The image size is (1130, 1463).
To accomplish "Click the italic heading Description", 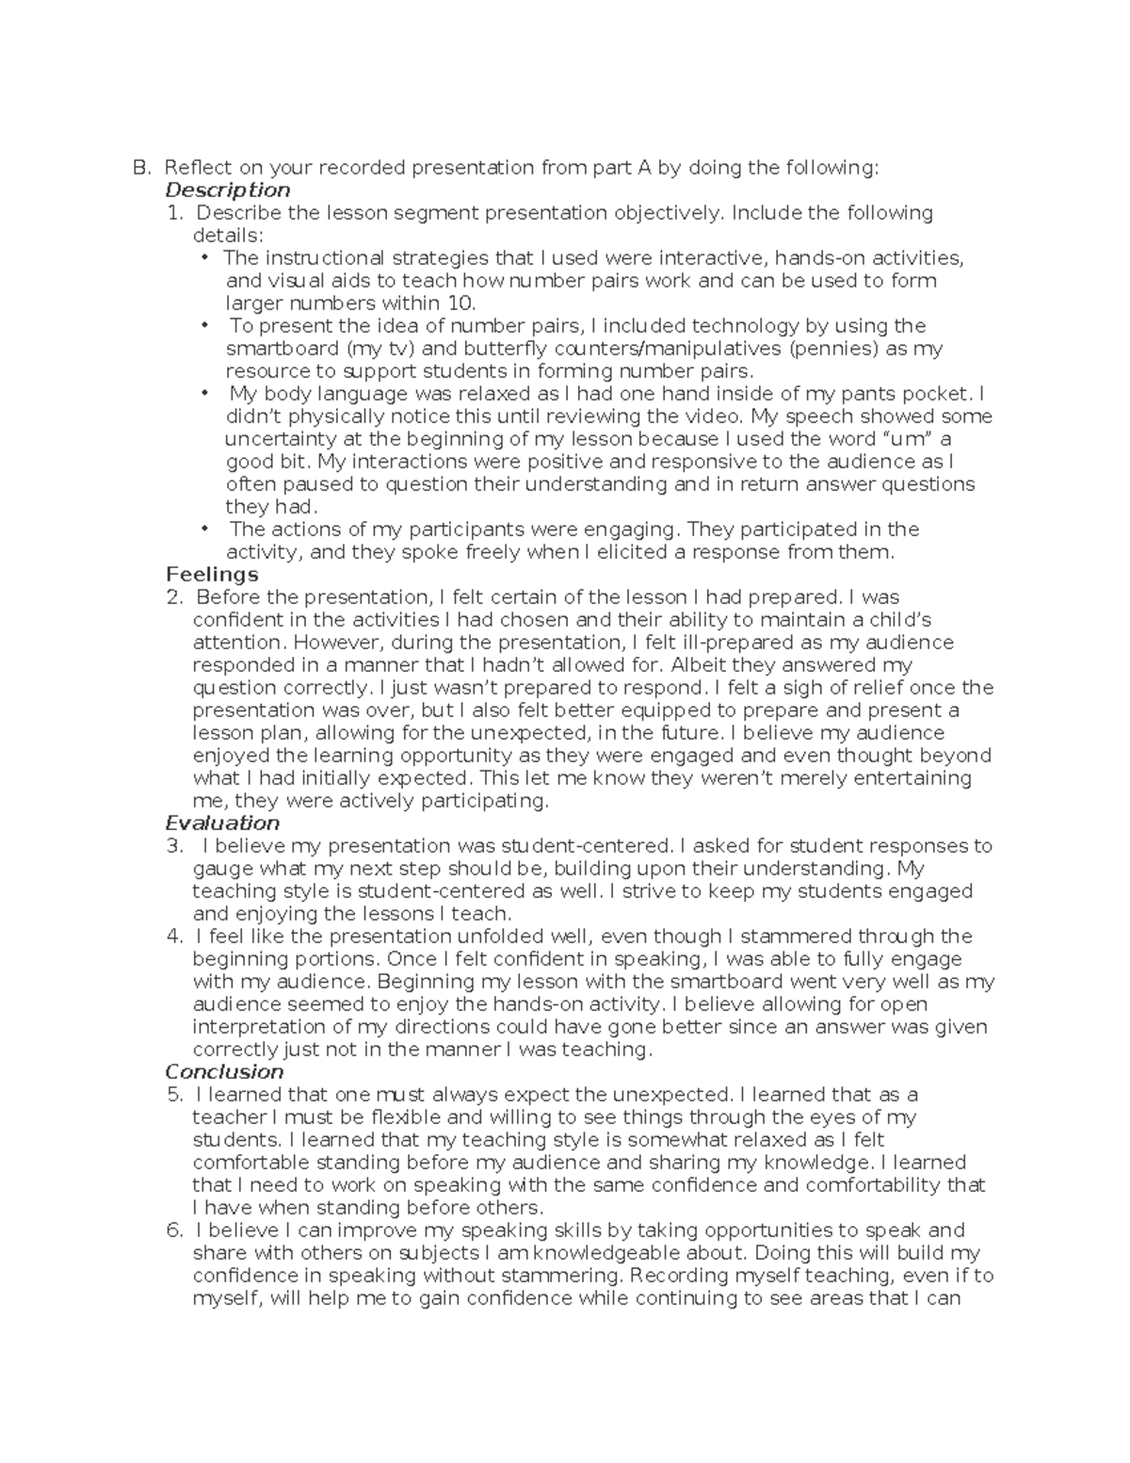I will (x=228, y=190).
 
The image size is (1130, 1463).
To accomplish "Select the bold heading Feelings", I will (x=212, y=575).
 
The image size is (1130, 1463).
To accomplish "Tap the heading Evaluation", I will (x=222, y=823).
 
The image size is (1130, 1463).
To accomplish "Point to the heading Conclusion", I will (x=224, y=1072).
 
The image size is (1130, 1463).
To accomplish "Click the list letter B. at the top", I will (x=141, y=168).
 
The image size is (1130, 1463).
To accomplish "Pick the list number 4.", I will (x=173, y=936).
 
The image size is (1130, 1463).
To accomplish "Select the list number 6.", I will (x=173, y=1230).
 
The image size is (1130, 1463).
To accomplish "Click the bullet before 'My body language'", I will (x=204, y=394).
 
